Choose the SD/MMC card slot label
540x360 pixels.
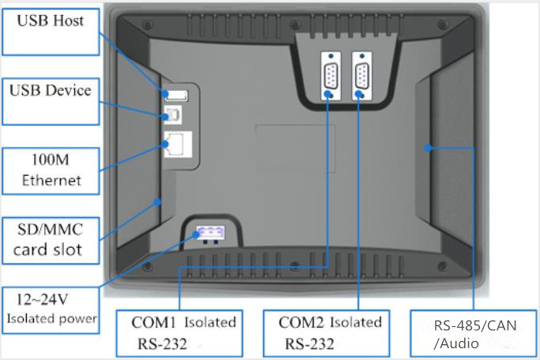point(50,240)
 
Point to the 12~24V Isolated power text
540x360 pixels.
point(51,309)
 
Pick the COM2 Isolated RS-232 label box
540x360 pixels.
point(332,332)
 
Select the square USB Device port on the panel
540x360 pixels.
point(172,115)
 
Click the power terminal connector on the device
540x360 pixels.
point(208,233)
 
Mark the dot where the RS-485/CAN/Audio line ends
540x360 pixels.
point(429,148)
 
